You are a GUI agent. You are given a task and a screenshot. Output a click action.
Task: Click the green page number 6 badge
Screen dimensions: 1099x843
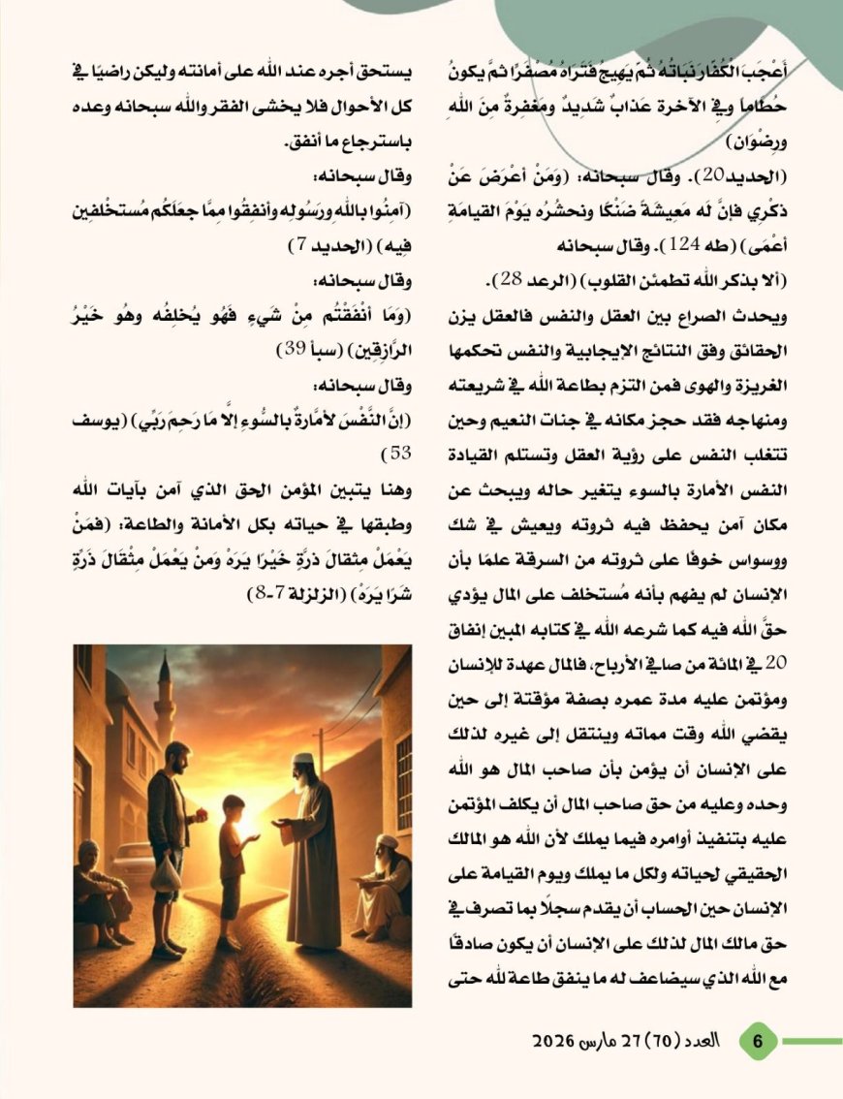pyautogui.click(x=759, y=1042)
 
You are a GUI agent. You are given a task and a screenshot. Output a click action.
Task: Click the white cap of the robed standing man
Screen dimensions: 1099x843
pyautogui.click(x=304, y=759)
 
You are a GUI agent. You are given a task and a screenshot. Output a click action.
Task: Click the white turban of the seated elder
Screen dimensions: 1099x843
pyautogui.click(x=388, y=840)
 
